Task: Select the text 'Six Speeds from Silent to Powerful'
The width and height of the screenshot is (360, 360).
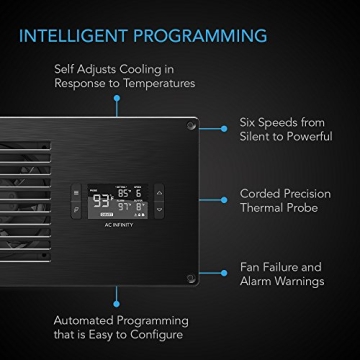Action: [x=284, y=129]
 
